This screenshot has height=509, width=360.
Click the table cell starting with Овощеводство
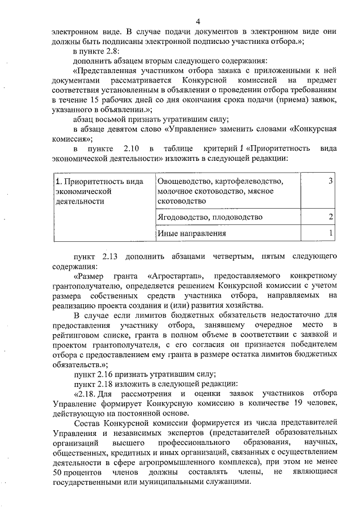(x=220, y=191)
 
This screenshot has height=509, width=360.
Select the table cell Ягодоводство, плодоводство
(x=210, y=217)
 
